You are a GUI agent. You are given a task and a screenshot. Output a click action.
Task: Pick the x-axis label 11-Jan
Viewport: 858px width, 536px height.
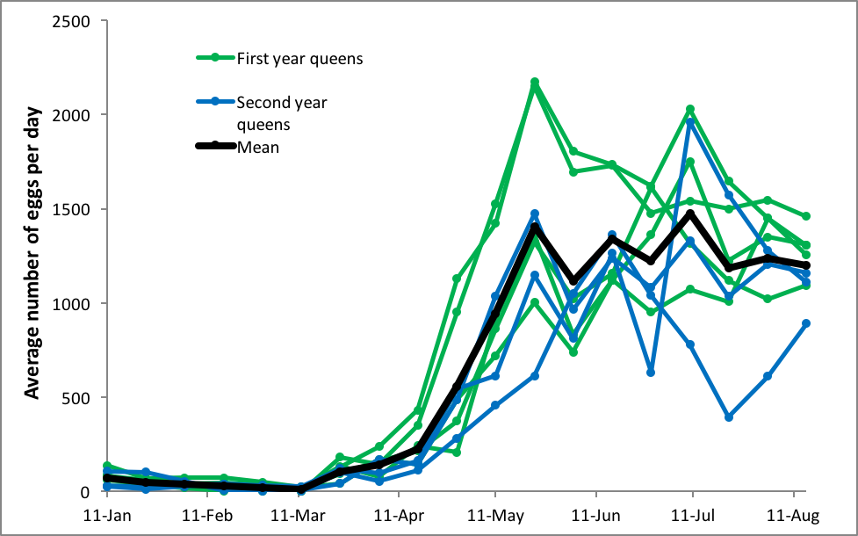pos(105,514)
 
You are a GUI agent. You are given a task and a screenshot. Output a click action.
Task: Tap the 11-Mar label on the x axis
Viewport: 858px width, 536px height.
pos(298,514)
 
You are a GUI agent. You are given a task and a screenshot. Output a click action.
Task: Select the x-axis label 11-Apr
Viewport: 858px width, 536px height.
pos(398,514)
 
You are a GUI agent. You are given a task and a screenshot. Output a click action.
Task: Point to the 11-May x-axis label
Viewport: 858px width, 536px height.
pos(494,514)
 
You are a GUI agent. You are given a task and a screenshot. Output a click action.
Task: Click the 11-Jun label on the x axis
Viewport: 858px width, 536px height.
pos(595,514)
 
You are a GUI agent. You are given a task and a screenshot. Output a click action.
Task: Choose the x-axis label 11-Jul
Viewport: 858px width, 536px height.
pos(692,514)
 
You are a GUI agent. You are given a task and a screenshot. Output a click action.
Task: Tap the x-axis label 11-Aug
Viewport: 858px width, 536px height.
pos(793,514)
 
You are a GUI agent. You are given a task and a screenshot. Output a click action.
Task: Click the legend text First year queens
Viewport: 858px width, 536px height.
pos(299,59)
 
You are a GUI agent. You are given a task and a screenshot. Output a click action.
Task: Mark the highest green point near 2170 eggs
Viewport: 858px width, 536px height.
pos(534,82)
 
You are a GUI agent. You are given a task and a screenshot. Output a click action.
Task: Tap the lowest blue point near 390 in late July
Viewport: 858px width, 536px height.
pos(729,417)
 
